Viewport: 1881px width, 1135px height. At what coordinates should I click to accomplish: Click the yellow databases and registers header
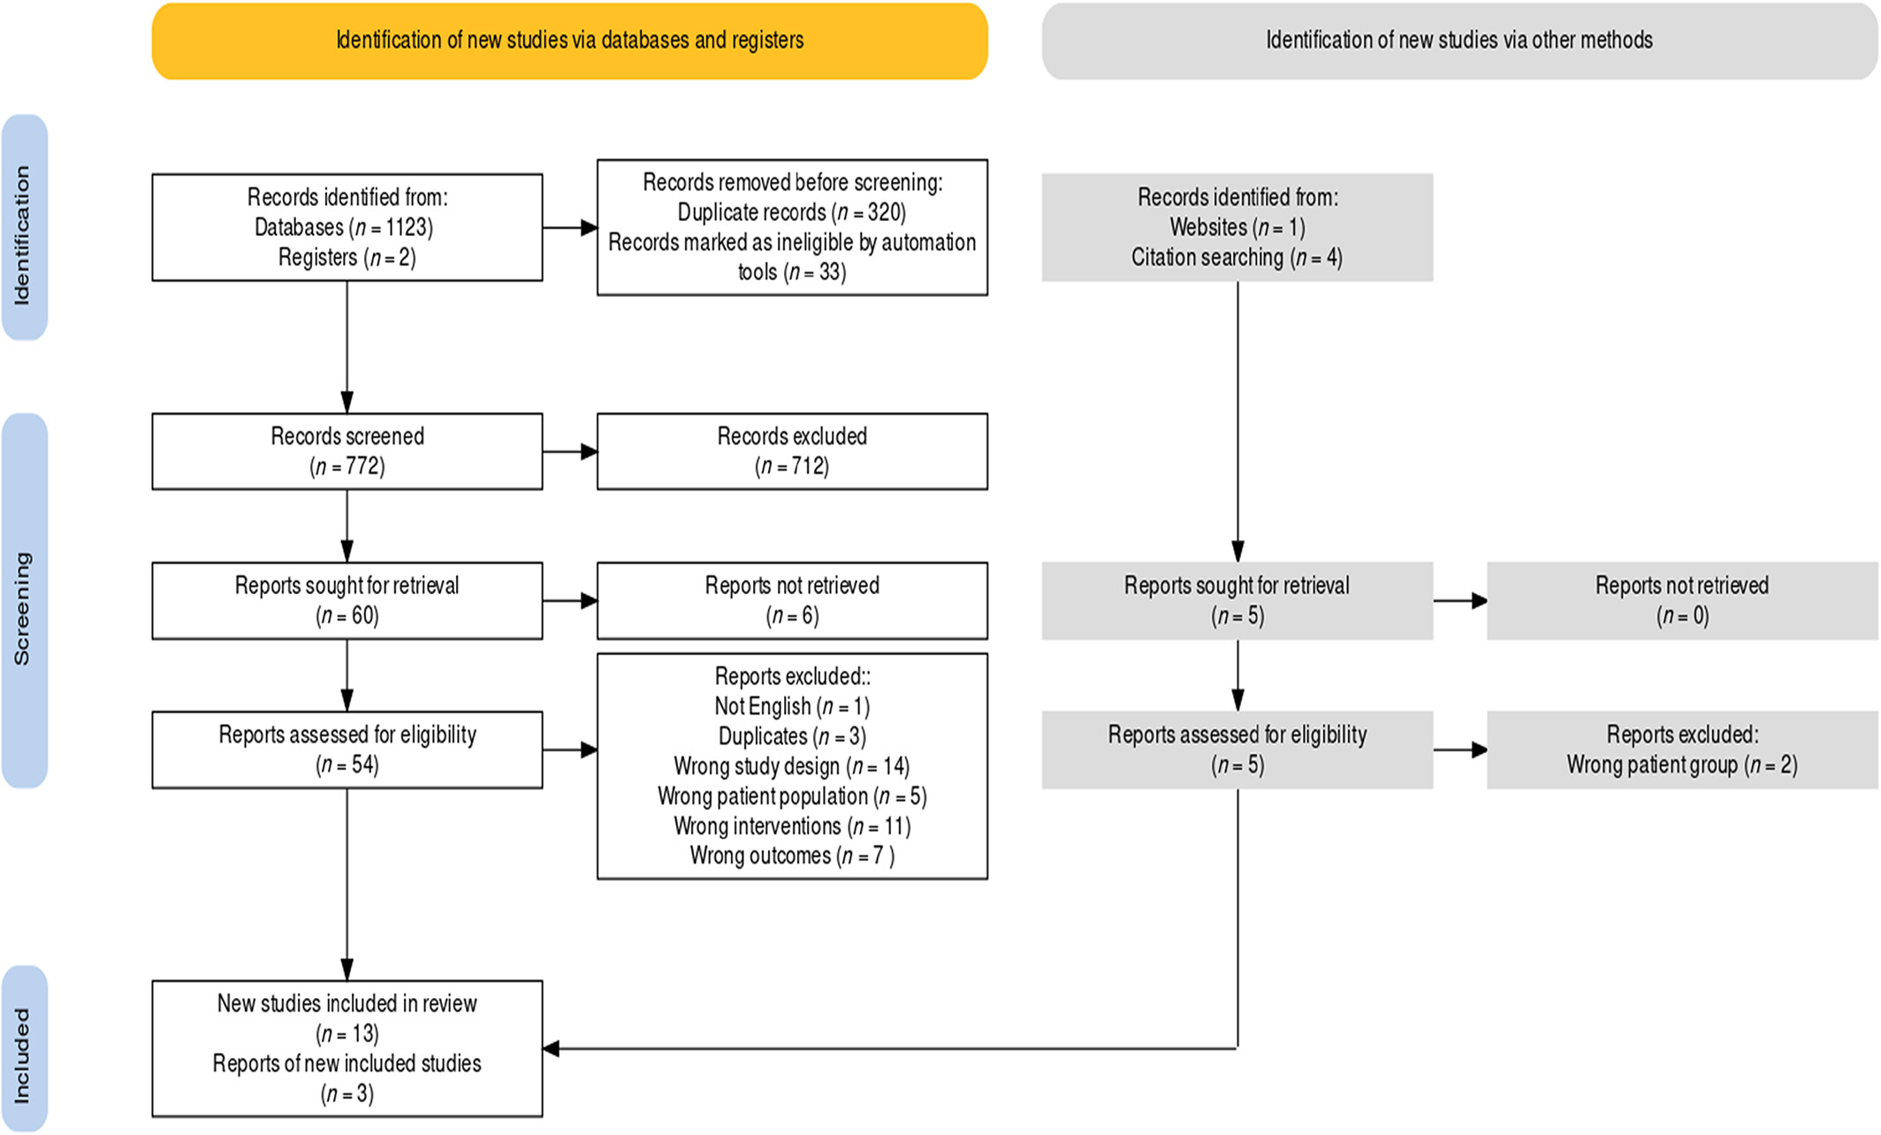click(x=569, y=41)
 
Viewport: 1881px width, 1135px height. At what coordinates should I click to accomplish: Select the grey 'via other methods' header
click(x=1459, y=41)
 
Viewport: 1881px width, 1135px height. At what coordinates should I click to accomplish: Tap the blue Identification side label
click(x=24, y=227)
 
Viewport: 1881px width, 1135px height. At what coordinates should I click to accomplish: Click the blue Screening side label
click(x=24, y=600)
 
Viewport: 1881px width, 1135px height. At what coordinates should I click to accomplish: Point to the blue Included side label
click(x=24, y=1048)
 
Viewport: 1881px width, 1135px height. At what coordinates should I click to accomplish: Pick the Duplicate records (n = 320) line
click(x=792, y=212)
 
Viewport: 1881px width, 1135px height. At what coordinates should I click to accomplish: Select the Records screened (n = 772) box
click(x=347, y=451)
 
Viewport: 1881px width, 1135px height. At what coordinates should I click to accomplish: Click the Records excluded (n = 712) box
click(x=792, y=451)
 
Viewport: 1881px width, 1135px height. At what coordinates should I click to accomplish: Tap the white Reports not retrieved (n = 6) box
click(x=792, y=600)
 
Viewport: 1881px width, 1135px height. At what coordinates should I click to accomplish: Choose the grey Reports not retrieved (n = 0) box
click(x=1682, y=600)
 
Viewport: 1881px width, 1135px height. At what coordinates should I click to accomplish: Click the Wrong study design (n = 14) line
click(x=792, y=766)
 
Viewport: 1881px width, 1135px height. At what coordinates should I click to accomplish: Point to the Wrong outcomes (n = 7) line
click(x=792, y=856)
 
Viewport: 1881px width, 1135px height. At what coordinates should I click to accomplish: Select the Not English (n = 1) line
click(x=792, y=706)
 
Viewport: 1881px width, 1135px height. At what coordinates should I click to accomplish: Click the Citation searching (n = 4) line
click(x=1237, y=257)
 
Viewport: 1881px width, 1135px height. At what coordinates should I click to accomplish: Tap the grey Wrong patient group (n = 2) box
click(x=1682, y=750)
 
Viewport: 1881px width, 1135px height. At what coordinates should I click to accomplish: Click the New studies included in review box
click(x=347, y=1048)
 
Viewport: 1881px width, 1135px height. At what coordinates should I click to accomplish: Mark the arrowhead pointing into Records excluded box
click(x=589, y=452)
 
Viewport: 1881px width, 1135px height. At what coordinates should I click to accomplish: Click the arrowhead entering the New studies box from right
click(x=551, y=1049)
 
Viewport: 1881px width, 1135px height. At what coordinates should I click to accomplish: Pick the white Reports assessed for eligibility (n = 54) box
click(x=347, y=750)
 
